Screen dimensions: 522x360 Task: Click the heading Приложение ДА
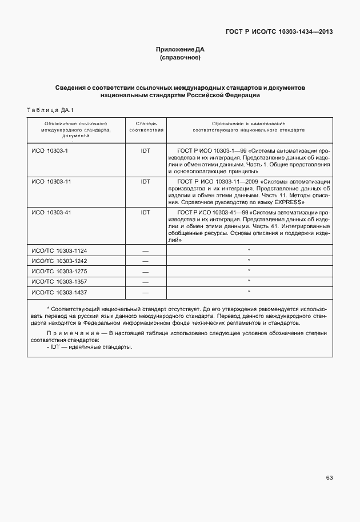coord(180,50)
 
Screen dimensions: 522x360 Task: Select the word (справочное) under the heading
coord(180,58)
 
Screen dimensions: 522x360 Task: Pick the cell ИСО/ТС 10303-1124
coord(59,250)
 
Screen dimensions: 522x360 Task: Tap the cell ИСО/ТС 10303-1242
coord(59,261)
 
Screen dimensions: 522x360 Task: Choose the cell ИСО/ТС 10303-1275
coord(59,271)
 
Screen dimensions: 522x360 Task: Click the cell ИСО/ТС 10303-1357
coord(59,281)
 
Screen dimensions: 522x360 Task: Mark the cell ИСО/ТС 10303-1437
coord(59,292)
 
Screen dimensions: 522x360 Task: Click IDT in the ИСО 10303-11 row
coord(145,181)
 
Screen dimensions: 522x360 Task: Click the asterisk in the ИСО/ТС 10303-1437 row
coord(249,291)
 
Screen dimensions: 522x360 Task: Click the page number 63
coord(329,478)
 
